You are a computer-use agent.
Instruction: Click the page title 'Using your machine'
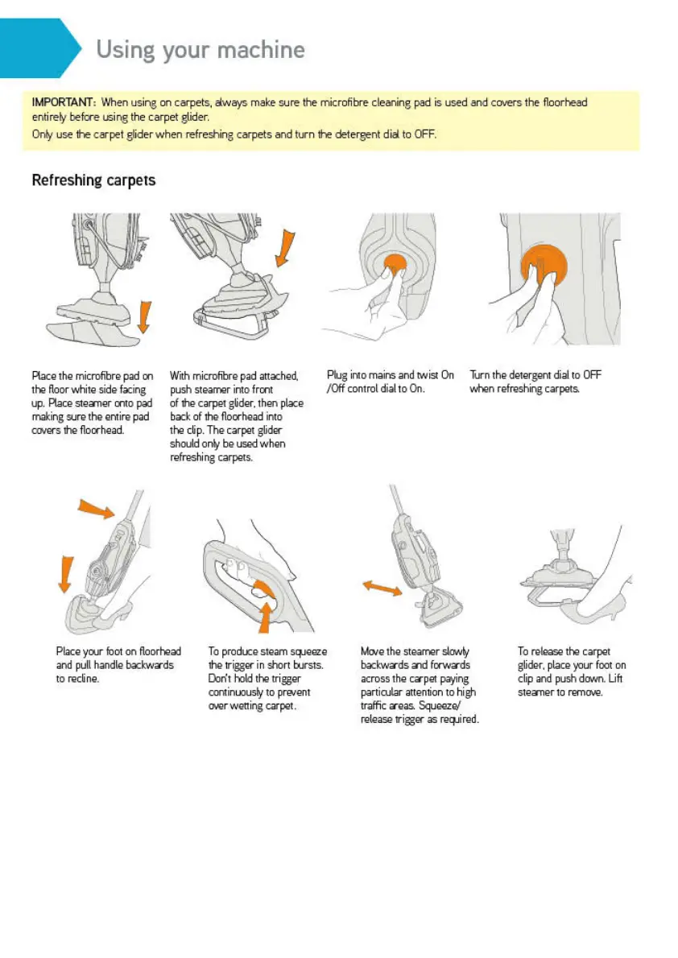point(201,50)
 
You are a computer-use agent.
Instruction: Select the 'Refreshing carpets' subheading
point(93,180)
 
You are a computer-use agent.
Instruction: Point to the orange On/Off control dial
point(395,265)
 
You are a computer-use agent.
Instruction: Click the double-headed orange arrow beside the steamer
point(382,588)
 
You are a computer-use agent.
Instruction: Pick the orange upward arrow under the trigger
point(265,617)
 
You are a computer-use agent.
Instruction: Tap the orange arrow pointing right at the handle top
point(96,508)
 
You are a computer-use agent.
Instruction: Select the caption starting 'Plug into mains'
point(390,382)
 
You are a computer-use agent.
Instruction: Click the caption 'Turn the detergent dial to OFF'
point(535,382)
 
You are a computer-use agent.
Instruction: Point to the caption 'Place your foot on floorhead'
point(118,665)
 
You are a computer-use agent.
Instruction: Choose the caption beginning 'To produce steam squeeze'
point(267,678)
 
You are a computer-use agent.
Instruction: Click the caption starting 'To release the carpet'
point(572,671)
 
